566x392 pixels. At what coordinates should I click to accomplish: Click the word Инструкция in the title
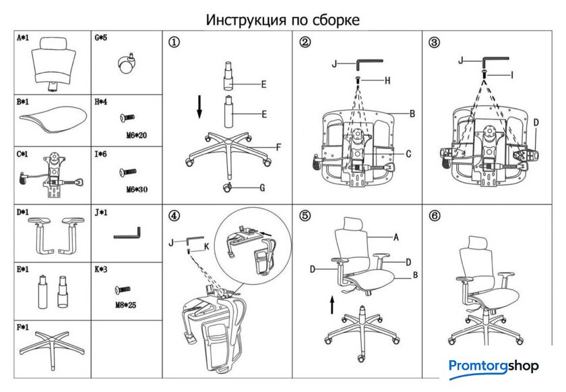click(x=243, y=20)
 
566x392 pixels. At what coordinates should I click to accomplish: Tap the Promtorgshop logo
click(x=494, y=367)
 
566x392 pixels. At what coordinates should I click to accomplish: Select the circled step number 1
click(x=174, y=43)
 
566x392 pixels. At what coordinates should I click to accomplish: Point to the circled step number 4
click(x=174, y=217)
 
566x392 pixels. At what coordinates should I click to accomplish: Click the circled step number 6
click(x=435, y=217)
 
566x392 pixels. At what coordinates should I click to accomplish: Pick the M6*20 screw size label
click(x=136, y=135)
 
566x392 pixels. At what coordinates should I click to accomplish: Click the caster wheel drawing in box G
click(x=127, y=65)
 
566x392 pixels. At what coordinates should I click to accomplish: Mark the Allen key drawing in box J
click(x=128, y=236)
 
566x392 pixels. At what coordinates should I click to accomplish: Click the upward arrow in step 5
click(x=332, y=304)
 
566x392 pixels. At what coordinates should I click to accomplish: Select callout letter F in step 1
click(x=278, y=146)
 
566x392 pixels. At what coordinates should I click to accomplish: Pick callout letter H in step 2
click(x=387, y=80)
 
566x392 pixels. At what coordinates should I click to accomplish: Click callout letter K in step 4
click(x=206, y=248)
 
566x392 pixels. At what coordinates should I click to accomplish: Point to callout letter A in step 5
click(x=396, y=237)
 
